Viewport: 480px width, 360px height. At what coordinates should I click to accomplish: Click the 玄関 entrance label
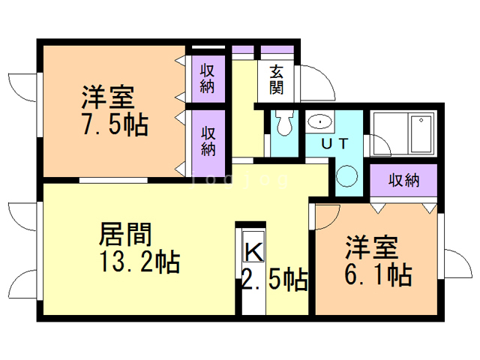277,79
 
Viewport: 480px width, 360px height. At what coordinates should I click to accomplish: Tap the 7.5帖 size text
114,123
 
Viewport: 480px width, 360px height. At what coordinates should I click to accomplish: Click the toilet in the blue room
283,123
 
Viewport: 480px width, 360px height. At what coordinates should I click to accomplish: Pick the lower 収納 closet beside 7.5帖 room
208,140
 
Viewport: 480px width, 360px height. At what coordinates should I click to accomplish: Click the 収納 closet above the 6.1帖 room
403,180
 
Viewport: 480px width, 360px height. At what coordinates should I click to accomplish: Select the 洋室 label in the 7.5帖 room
108,97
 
